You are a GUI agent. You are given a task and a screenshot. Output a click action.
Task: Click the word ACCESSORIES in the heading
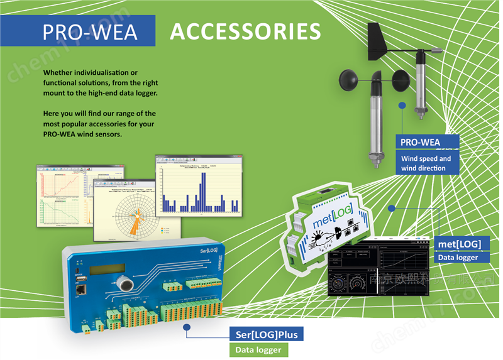(x=245, y=31)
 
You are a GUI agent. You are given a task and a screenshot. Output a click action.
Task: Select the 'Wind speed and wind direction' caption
(x=426, y=163)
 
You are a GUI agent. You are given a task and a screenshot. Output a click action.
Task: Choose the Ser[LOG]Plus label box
(x=267, y=334)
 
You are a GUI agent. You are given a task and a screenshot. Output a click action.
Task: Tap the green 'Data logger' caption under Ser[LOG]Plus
(x=258, y=350)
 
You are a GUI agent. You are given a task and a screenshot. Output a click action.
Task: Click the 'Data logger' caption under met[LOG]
(x=458, y=257)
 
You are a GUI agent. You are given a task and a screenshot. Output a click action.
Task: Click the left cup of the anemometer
(x=350, y=80)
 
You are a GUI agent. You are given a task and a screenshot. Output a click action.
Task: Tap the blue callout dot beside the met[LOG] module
(x=392, y=208)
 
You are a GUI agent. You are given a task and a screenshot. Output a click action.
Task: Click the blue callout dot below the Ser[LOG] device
(x=186, y=327)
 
